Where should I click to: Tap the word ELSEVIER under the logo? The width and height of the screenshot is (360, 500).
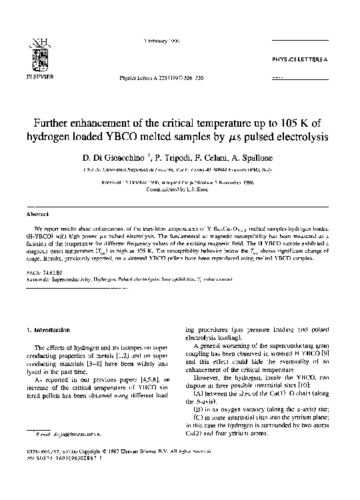click(x=34, y=67)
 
